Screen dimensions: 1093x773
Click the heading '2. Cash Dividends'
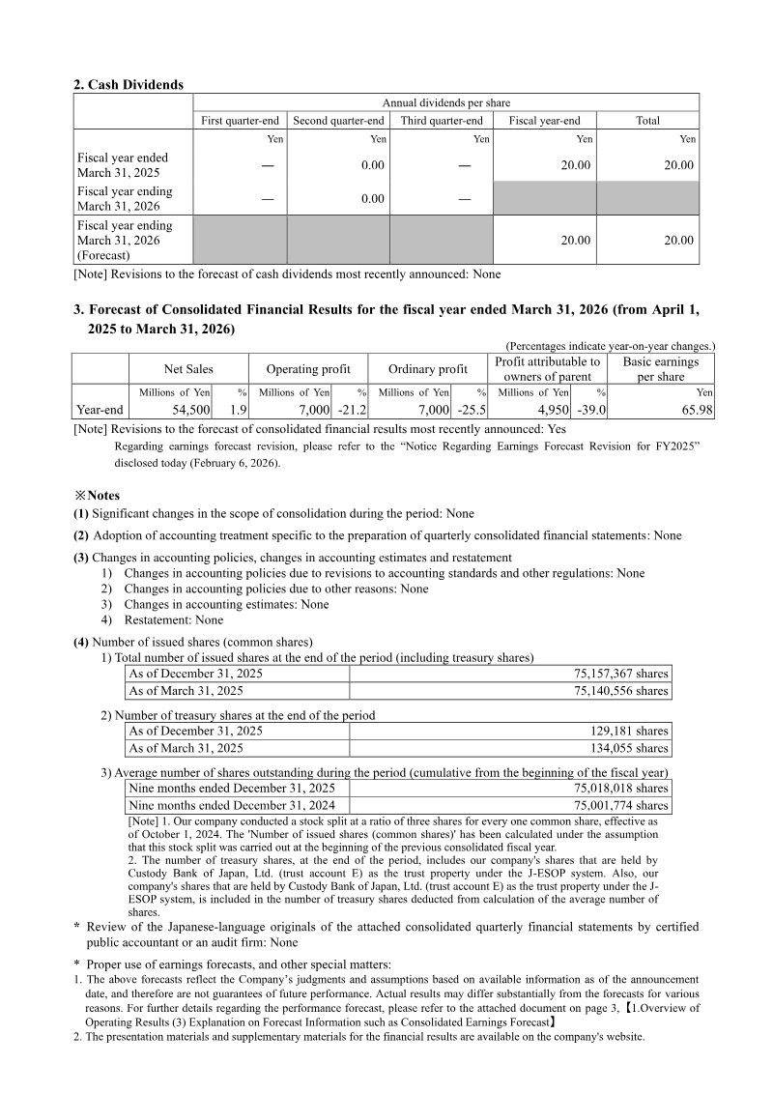[x=129, y=85]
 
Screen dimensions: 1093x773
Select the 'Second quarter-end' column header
[x=338, y=121]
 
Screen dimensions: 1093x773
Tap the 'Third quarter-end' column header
[x=442, y=121]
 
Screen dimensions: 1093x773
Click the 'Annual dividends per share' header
[x=446, y=102]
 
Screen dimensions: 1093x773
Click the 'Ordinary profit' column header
[x=428, y=369]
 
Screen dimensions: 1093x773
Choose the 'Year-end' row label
[x=100, y=410]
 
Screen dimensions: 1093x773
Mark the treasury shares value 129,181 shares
[x=629, y=731]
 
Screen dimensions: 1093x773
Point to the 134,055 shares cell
[x=629, y=748]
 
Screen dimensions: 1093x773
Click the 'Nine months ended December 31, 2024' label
[x=232, y=805]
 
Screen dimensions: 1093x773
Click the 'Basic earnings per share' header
[x=661, y=369]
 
